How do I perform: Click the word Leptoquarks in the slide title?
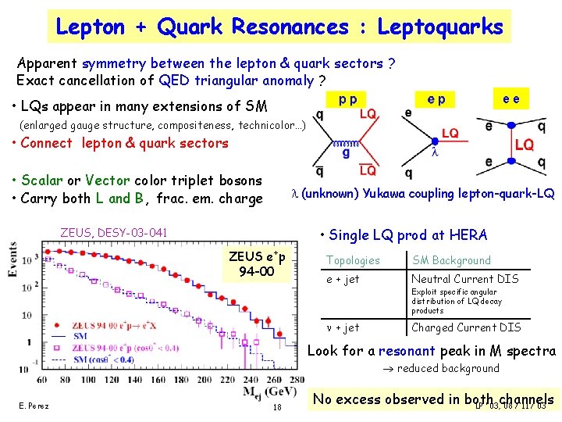click(x=440, y=27)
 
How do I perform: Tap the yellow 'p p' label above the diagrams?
click(x=348, y=100)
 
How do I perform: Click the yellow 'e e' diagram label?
click(x=512, y=98)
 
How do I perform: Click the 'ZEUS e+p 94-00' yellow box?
click(x=257, y=263)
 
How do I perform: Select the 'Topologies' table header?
click(x=353, y=260)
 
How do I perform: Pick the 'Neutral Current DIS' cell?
click(x=465, y=278)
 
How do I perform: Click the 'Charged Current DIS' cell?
click(x=466, y=327)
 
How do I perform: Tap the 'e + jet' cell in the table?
click(x=343, y=278)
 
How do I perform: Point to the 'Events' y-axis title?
click(x=12, y=257)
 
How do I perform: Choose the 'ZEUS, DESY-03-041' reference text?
click(x=114, y=232)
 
